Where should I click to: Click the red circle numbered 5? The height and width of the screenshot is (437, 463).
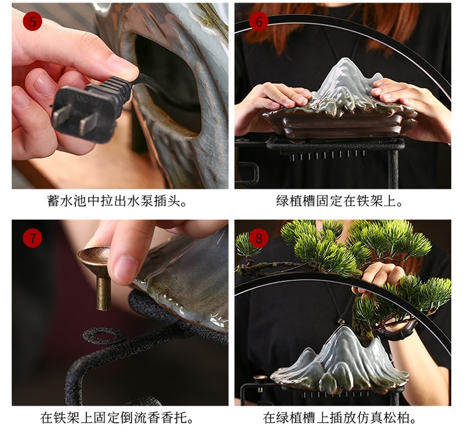point(33,21)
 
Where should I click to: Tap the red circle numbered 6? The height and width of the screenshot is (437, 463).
point(259,21)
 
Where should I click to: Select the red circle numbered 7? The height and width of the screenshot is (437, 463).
point(33,238)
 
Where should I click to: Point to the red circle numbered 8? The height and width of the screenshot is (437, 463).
point(259,238)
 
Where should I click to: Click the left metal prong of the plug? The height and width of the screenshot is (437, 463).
point(62,113)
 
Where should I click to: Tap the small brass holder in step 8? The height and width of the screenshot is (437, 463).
point(261,380)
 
